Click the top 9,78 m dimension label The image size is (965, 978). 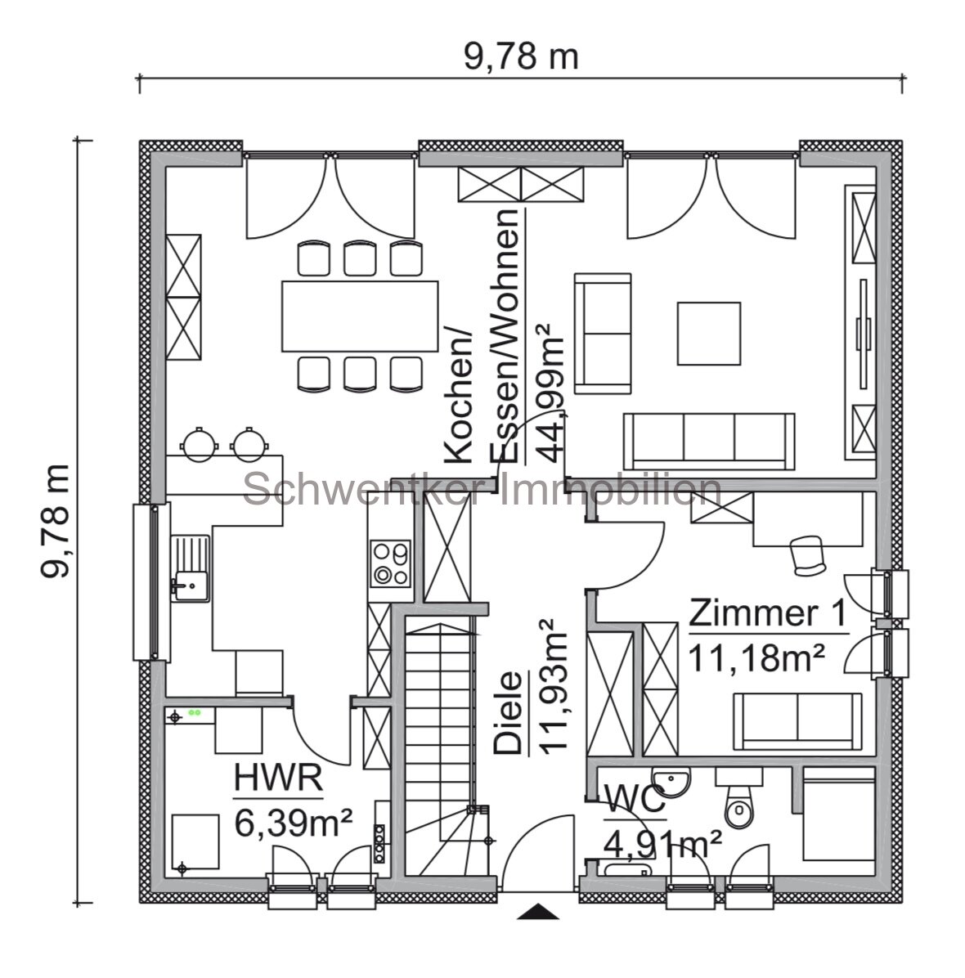(521, 57)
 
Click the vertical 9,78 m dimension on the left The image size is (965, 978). (56, 521)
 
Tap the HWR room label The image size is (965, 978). (277, 779)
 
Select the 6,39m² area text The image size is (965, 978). (293, 822)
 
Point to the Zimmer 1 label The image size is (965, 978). (768, 613)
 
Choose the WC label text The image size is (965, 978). (635, 801)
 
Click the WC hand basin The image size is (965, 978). (671, 779)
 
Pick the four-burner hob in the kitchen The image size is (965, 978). (390, 564)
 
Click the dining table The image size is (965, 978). (361, 316)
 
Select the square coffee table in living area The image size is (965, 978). (709, 333)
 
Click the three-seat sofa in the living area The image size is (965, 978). (708, 440)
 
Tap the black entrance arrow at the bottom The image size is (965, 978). (538, 912)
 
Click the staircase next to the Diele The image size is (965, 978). (440, 720)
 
